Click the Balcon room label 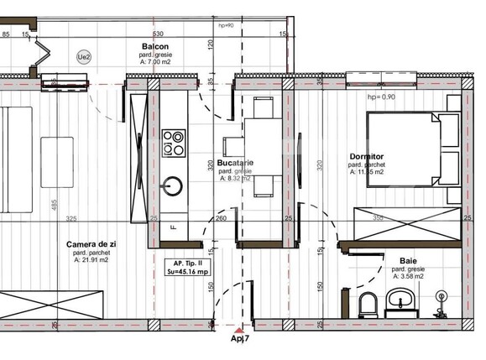(154, 46)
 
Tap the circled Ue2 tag (84, 56)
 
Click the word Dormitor (367, 157)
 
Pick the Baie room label (409, 261)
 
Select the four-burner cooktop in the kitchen (175, 141)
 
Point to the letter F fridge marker (173, 227)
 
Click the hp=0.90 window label (383, 97)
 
